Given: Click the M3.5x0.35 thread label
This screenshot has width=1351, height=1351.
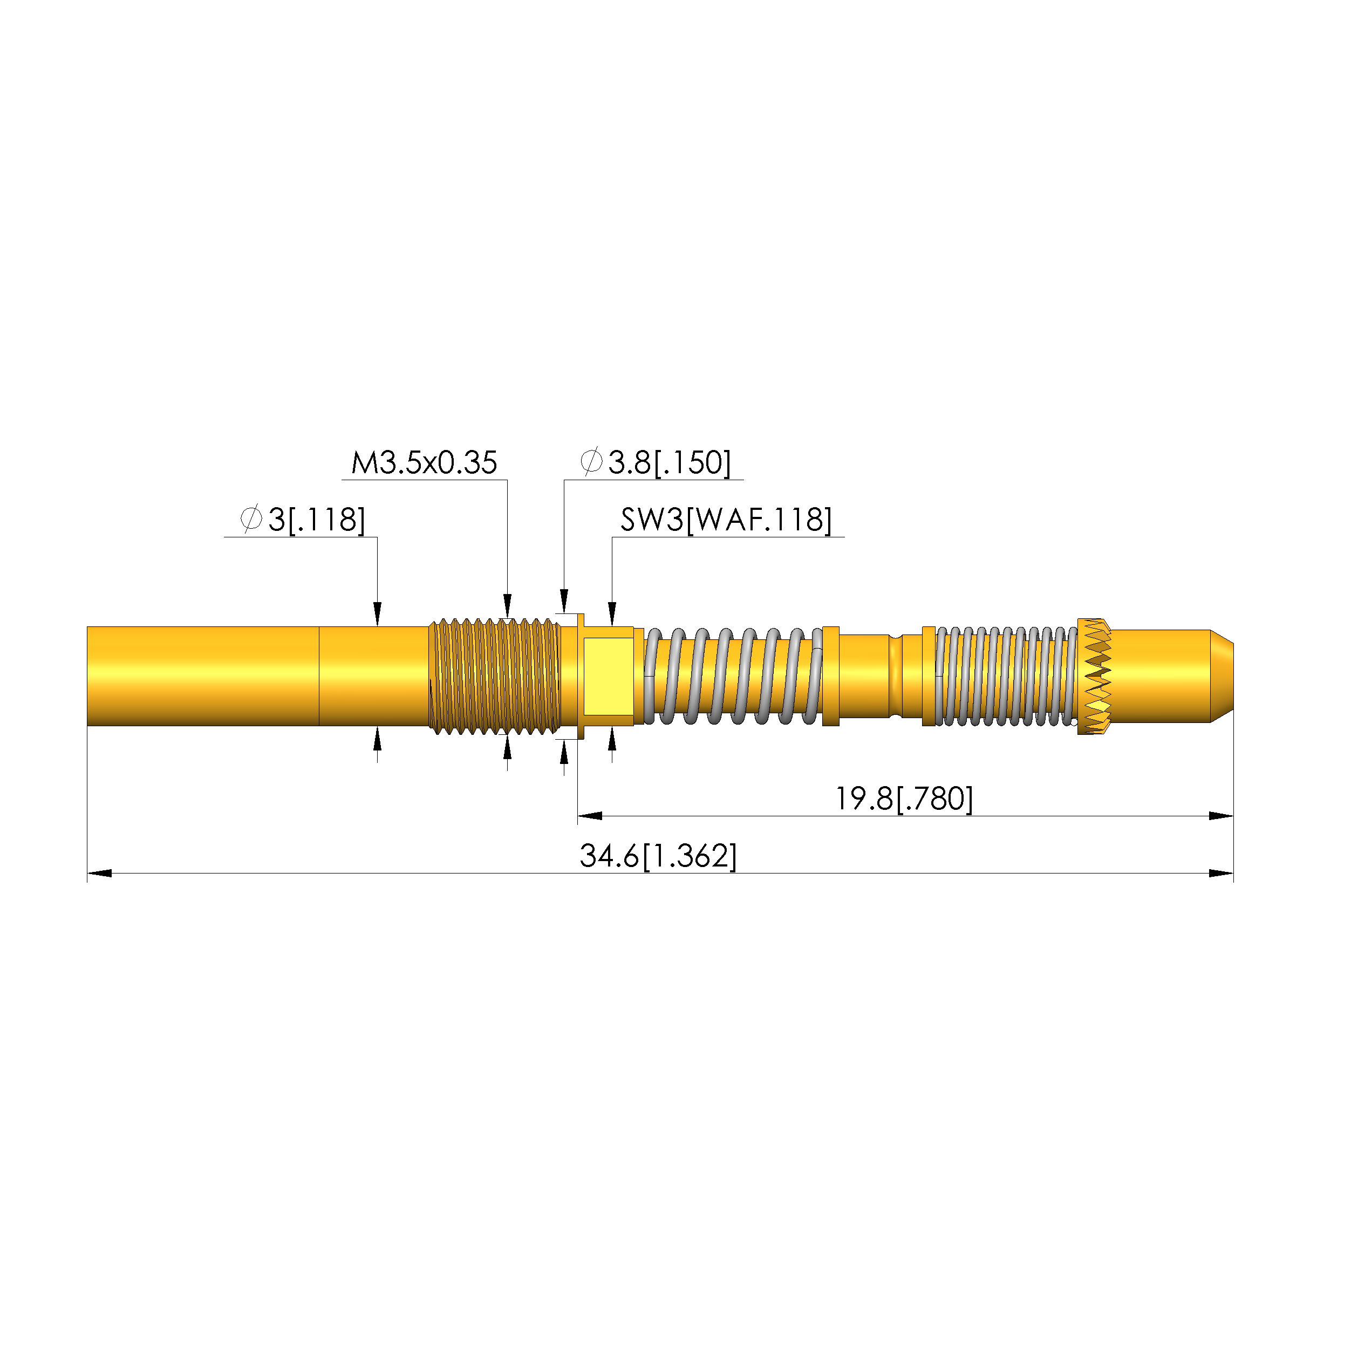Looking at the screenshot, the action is (424, 463).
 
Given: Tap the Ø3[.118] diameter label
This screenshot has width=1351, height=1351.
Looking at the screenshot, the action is (302, 520).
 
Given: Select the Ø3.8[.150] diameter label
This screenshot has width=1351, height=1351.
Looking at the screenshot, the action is (655, 462).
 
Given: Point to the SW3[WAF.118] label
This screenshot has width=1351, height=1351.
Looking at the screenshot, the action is (726, 520).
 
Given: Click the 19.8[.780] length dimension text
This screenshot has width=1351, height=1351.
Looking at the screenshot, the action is (904, 799).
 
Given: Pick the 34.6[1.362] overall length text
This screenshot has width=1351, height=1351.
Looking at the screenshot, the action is (658, 856).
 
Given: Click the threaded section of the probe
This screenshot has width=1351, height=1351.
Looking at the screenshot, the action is (494, 676).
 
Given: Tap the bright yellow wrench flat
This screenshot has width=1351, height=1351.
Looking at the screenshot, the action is (608, 676).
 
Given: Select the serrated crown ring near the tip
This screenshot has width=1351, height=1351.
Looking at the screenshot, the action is (1094, 676).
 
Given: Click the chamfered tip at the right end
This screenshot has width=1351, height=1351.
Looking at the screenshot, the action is (1222, 676).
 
